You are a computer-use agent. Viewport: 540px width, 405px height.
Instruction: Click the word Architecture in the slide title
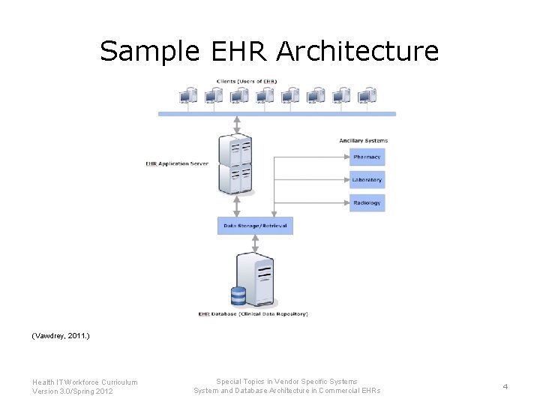(x=357, y=51)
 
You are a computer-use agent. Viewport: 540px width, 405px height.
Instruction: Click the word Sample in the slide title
(x=149, y=51)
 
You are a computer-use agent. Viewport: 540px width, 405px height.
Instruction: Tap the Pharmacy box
(x=367, y=157)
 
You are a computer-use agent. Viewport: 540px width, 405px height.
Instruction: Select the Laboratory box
(x=367, y=180)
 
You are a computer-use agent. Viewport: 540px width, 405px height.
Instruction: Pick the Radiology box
(x=367, y=202)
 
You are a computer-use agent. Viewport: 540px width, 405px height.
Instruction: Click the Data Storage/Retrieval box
(x=255, y=225)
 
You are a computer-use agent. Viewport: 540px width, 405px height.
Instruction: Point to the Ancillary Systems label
(x=363, y=141)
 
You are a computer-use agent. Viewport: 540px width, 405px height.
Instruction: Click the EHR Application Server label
(x=177, y=163)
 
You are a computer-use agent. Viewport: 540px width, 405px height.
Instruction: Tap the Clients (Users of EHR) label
(x=247, y=81)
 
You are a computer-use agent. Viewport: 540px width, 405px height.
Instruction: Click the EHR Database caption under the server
(x=253, y=313)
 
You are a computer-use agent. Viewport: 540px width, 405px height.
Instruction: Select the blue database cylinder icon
(x=238, y=295)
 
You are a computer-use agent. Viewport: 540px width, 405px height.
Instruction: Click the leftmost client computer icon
(x=188, y=96)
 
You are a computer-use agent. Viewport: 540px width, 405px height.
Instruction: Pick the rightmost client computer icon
(x=367, y=96)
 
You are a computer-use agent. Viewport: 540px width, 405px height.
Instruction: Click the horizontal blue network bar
(x=277, y=114)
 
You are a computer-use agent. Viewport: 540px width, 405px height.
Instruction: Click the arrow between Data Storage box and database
(x=255, y=244)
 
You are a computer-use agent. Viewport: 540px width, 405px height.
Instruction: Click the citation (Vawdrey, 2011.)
(x=61, y=337)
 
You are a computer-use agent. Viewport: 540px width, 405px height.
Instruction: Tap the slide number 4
(x=505, y=386)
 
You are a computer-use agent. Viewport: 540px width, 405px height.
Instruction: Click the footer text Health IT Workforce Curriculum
(x=85, y=382)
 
